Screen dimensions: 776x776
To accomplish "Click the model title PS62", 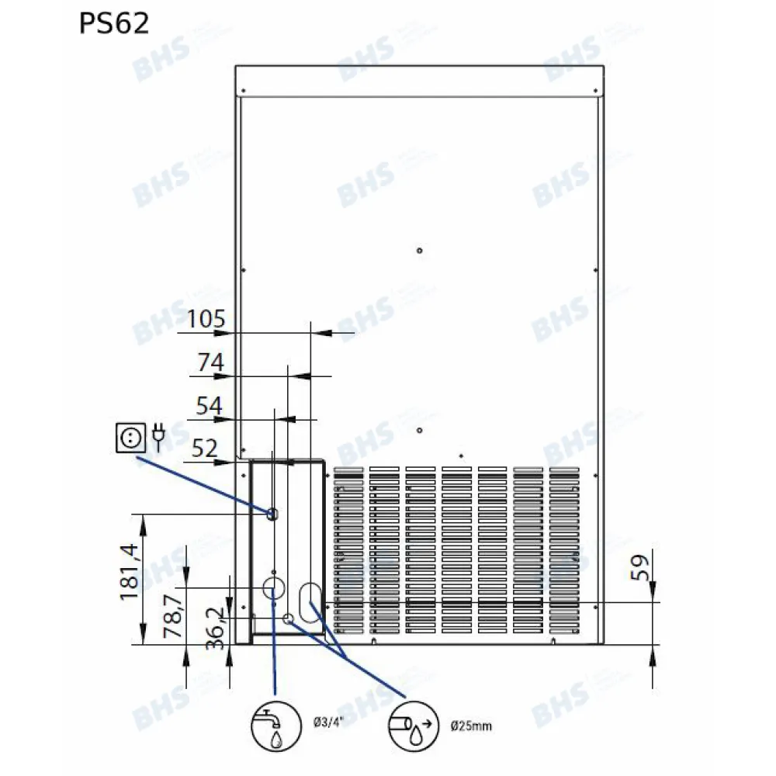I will coord(113,24).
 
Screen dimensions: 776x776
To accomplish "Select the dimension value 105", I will coord(206,318).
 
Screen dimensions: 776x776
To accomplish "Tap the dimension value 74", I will coord(210,362).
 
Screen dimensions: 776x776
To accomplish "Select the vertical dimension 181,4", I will coord(129,573).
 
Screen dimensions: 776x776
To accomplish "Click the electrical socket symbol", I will coord(129,438).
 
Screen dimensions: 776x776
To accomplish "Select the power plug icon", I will coord(159,437).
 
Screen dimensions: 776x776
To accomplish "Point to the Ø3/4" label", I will coord(327,723).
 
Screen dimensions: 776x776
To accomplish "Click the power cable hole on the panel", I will coord(272,514).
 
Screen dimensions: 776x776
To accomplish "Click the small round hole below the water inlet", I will coord(288,618).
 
